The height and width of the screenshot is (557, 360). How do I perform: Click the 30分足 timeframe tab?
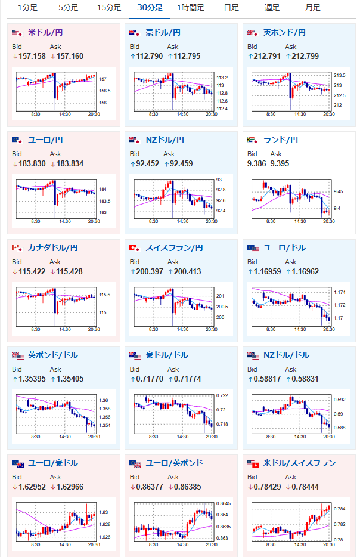coord(150,8)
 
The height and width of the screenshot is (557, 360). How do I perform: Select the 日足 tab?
coord(231,8)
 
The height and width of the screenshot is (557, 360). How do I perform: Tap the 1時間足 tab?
coord(191,8)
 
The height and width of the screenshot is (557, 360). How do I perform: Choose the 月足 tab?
coord(313,8)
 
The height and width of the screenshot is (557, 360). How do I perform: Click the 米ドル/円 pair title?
coord(45,33)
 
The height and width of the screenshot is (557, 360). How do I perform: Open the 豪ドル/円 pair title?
coord(163,33)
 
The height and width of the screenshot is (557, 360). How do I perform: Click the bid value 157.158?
coord(32,57)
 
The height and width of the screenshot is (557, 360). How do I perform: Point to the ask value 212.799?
coord(305,57)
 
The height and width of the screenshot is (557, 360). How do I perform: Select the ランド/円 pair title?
coord(281,140)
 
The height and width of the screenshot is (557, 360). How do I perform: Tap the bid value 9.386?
coord(256,164)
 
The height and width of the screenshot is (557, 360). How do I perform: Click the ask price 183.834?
coord(70,164)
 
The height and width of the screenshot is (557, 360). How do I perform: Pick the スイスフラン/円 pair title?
coord(174,248)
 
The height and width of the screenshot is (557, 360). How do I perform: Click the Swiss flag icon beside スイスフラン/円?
coord(135,248)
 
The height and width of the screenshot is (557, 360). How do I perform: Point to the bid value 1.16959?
coord(267,272)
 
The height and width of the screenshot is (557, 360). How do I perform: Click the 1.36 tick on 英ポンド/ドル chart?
coord(104,400)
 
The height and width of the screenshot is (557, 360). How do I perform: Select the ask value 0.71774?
coord(188,379)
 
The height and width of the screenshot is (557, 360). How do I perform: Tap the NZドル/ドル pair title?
coord(286,355)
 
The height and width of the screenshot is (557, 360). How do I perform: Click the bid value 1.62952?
coord(32,487)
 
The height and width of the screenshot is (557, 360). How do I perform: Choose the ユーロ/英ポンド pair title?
coord(174,463)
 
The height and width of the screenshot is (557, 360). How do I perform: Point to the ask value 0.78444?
coord(305,487)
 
